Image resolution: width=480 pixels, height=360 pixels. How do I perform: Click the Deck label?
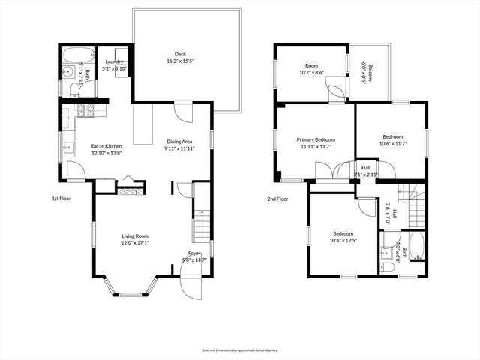[180, 54]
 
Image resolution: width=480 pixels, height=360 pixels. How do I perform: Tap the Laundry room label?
[114, 62]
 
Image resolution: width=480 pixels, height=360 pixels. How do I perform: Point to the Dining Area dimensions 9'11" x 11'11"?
[179, 148]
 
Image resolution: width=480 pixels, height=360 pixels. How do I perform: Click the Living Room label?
[136, 236]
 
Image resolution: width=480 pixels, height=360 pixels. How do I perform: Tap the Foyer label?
[194, 253]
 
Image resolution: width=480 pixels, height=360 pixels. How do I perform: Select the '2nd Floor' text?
[277, 199]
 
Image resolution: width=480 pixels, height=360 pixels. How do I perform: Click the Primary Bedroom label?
[315, 139]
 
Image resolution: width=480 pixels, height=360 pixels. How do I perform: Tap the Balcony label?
[365, 73]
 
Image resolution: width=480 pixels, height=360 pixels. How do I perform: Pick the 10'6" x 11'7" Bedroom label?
[393, 137]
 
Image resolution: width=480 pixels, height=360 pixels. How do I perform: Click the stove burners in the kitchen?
[85, 111]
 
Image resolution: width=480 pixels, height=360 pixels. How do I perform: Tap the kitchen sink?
[67, 145]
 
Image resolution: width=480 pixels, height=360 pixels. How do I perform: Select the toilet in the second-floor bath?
[387, 265]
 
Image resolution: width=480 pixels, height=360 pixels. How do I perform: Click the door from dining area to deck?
[182, 112]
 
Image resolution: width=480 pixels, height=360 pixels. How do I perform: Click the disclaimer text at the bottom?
[240, 350]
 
